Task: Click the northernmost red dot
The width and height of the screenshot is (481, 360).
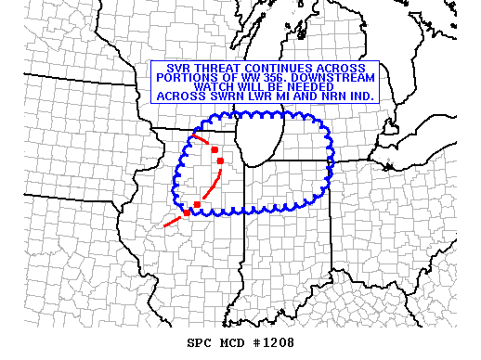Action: click(x=214, y=149)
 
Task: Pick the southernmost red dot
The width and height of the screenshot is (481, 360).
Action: click(x=188, y=212)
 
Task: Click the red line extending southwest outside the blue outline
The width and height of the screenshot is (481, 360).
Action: click(x=173, y=221)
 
